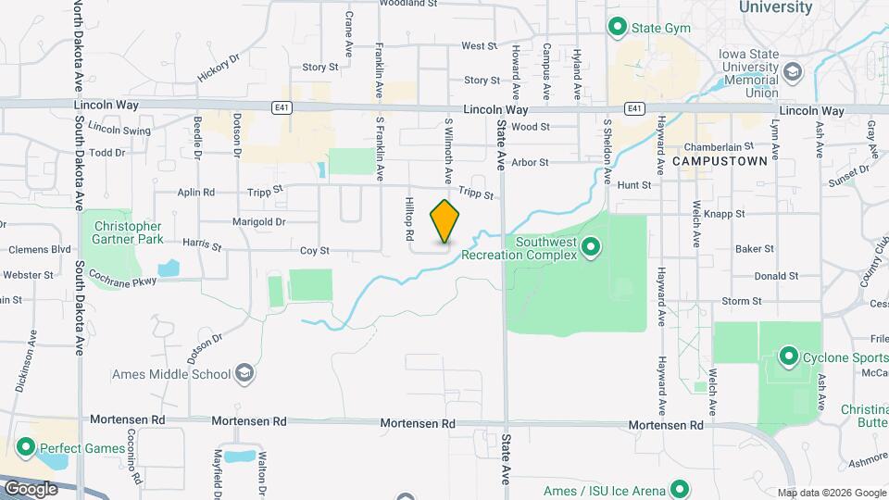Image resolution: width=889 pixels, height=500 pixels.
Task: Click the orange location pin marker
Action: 445,222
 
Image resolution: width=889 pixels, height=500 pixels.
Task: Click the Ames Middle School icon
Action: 244,374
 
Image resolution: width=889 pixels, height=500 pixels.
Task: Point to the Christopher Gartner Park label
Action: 128,232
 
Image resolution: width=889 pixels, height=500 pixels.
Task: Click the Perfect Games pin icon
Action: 24,448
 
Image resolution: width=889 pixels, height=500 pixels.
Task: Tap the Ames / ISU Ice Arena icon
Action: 680,489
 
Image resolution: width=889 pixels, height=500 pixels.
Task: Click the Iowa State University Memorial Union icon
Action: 792,72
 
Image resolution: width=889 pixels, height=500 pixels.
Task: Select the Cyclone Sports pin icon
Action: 789,356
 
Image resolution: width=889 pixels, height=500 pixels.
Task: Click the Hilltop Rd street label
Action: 408,219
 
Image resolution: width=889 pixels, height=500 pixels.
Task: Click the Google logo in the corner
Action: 30,488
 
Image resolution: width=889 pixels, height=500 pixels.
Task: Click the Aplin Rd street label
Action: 196,193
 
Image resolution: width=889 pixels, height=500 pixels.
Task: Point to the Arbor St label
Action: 531,162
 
